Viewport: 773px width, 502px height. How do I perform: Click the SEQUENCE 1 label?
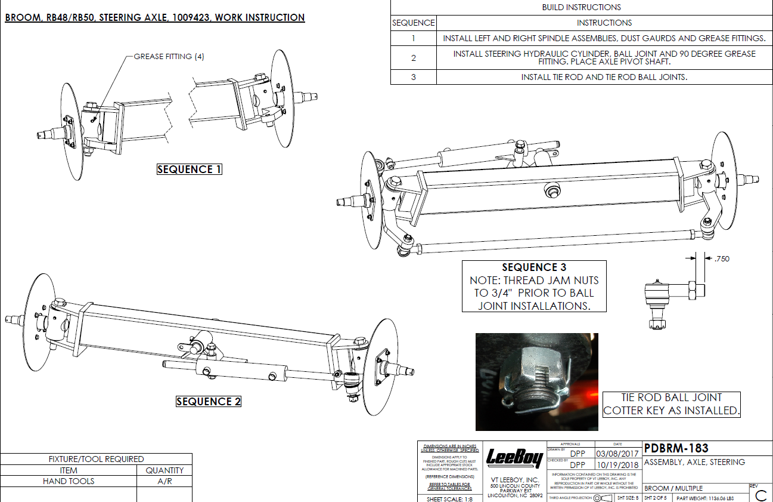[x=189, y=170]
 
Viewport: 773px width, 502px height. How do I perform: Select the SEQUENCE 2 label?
[x=209, y=402]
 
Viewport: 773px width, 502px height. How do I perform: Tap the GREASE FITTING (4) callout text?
[x=169, y=57]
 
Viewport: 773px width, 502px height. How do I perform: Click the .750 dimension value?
[x=721, y=258]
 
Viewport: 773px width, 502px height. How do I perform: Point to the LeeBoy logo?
[x=515, y=458]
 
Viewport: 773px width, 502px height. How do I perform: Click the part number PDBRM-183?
[x=676, y=448]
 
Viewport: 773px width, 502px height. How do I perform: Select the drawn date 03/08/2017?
[x=617, y=454]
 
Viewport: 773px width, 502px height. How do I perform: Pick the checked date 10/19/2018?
[x=617, y=464]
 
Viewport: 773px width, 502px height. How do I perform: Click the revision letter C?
[x=760, y=495]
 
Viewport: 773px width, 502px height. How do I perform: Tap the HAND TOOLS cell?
[x=69, y=481]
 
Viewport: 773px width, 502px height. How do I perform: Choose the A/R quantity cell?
[x=164, y=481]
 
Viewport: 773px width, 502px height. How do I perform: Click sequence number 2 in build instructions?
[x=413, y=58]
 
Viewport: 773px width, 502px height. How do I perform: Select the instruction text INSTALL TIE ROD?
[x=604, y=77]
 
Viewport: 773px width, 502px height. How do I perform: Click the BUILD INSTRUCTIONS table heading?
[x=581, y=8]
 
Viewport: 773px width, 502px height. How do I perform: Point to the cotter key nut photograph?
[x=536, y=382]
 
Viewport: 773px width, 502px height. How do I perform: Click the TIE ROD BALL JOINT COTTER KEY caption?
[x=671, y=404]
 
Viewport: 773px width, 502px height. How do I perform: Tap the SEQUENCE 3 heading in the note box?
[x=534, y=267]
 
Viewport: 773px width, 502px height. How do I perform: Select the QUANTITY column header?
[x=164, y=470]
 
